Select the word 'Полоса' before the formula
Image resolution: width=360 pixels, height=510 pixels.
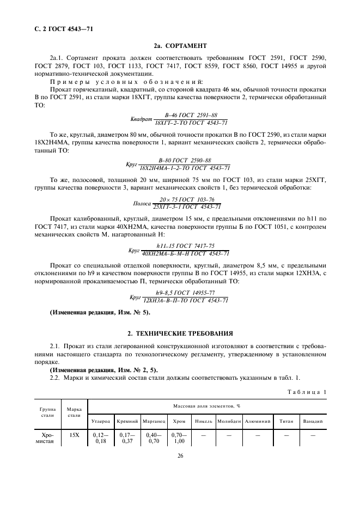[142, 203]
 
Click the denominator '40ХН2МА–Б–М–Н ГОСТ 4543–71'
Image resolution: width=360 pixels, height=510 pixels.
[185, 253]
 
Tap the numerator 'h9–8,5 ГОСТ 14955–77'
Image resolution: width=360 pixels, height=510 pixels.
[185, 293]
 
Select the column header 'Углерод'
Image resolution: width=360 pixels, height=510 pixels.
[101, 421]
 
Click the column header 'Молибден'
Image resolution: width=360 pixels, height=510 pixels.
[228, 421]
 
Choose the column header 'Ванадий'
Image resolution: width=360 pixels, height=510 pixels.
[313, 421]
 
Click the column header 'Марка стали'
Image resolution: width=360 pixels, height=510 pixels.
[74, 412]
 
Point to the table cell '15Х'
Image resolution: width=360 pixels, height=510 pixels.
[74, 435]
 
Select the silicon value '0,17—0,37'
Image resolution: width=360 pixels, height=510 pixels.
[127, 439]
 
